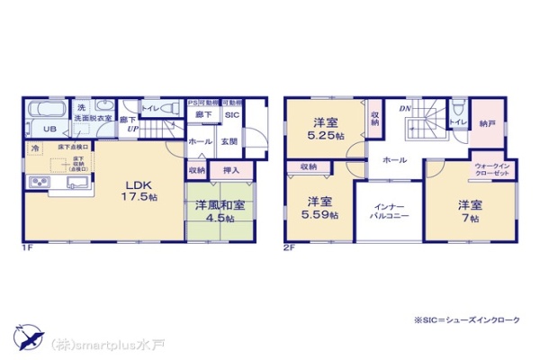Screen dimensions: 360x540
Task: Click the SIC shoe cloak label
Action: (x=230, y=116)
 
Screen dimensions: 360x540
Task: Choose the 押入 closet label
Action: (x=231, y=169)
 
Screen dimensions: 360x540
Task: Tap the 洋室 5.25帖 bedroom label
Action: (x=325, y=130)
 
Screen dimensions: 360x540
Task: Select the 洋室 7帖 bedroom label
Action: (x=465, y=208)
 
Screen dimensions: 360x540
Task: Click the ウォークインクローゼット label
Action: (x=492, y=169)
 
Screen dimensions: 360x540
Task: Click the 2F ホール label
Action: (x=394, y=158)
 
